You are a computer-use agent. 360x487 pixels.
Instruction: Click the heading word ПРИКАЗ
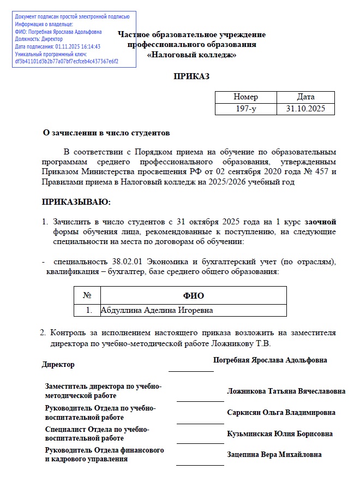click(x=191, y=76)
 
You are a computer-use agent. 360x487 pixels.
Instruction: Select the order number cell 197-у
click(x=245, y=109)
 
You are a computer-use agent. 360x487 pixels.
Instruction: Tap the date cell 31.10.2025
click(x=305, y=109)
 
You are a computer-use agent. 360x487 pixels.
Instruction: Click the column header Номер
click(x=245, y=97)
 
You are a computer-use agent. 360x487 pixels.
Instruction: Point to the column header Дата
click(x=305, y=97)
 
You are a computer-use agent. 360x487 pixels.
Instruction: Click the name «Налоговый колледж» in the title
click(x=191, y=55)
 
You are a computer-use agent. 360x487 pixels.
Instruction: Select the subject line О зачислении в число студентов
click(x=106, y=133)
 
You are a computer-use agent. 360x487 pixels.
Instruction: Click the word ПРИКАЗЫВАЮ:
click(x=76, y=203)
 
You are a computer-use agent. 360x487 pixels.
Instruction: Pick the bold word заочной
click(x=320, y=222)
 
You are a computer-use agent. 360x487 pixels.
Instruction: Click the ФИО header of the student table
click(x=193, y=295)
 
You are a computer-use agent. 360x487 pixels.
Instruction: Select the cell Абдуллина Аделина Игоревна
click(x=157, y=310)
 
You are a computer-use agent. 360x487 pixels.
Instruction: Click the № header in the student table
click(x=87, y=295)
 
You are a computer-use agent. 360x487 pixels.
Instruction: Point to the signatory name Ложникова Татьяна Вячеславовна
click(x=286, y=391)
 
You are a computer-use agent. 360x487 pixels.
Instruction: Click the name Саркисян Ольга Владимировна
click(x=281, y=412)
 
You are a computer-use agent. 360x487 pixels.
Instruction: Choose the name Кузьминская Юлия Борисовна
click(x=280, y=433)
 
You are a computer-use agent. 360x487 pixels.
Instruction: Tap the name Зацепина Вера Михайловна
click(x=274, y=454)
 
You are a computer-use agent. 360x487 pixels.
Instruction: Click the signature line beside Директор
click(x=191, y=370)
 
